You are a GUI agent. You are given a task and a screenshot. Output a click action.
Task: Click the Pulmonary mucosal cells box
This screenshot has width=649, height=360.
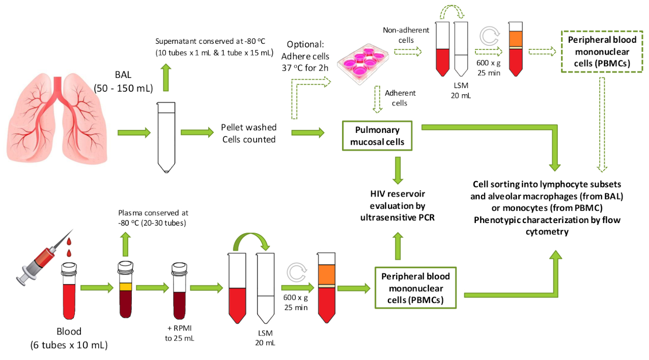377,136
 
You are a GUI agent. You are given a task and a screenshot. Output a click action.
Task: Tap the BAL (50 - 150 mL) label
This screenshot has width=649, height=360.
123,81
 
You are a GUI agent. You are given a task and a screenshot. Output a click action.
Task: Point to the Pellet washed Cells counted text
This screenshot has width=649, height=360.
248,133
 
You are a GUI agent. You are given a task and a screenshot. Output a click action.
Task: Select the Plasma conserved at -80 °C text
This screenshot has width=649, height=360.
153,217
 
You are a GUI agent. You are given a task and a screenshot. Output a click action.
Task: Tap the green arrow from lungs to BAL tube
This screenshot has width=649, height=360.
134,133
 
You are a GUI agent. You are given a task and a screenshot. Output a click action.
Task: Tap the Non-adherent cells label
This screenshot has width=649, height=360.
406,35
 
